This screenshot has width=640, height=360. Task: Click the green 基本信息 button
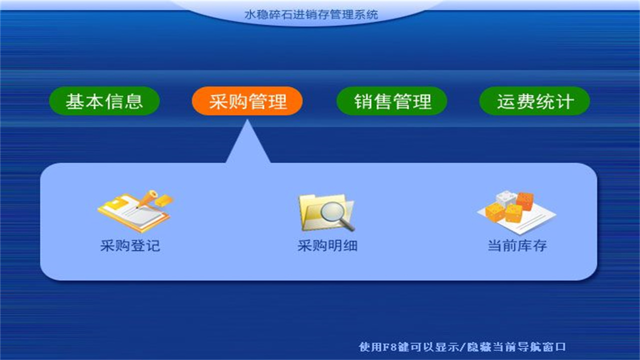point(104,101)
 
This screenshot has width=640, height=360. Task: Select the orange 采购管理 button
point(247,101)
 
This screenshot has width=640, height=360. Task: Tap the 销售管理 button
point(392,101)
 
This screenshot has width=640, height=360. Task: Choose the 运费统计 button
point(534,101)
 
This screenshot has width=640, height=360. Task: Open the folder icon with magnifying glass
point(326,212)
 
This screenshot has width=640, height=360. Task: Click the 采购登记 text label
point(130,246)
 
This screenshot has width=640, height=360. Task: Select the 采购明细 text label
point(327,246)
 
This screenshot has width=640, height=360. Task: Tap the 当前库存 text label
point(517,246)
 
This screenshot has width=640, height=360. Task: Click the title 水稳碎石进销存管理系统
point(311,14)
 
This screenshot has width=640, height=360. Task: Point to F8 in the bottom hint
point(390,346)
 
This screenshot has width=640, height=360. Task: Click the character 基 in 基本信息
point(75,101)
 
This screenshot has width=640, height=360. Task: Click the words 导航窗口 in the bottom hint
point(546,346)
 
